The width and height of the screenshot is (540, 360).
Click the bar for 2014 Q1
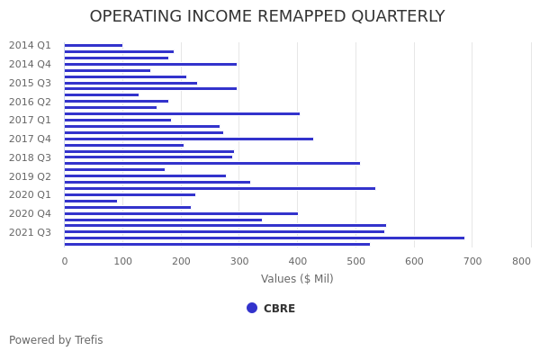coord(94,45)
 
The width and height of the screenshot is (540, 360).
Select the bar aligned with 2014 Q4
coord(150,64)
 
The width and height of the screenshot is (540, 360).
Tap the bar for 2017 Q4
coord(189,139)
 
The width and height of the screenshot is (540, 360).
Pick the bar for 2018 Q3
coord(148,157)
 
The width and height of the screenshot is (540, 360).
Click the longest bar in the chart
coord(265,238)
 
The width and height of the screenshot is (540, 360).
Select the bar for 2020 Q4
coord(181,213)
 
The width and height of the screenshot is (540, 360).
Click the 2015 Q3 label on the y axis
coord(30,83)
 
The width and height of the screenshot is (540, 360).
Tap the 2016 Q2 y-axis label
coord(30,102)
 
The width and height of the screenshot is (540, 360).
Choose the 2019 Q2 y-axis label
coord(30,176)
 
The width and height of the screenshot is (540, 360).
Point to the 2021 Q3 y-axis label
coord(30,232)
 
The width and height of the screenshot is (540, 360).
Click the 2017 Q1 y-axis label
coord(30,120)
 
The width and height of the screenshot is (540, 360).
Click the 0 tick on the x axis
coord(64,261)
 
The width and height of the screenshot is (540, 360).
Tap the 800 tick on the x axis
coord(521,261)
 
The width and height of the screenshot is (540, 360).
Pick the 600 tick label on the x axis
coord(414,261)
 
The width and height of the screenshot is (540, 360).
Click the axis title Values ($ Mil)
coord(297,279)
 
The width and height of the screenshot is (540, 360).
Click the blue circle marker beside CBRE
coord(252,308)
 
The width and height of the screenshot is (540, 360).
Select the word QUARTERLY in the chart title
coord(388,17)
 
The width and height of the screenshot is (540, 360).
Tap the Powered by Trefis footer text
coord(56,340)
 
